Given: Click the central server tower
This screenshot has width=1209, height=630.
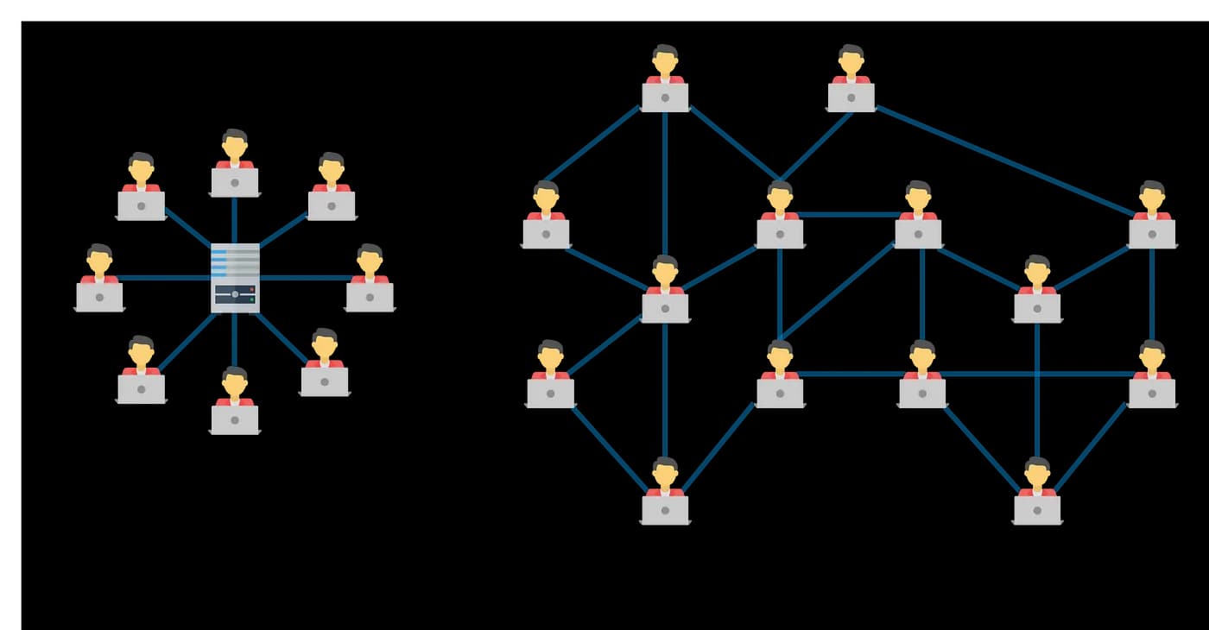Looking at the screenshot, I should (x=235, y=277).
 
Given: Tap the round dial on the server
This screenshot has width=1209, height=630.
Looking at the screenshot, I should (x=235, y=294).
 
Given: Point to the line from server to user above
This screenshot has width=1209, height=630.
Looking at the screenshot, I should (x=235, y=219).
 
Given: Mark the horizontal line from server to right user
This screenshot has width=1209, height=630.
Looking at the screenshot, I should (x=302, y=278).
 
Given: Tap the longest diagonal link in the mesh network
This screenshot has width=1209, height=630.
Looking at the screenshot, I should (x=1002, y=160).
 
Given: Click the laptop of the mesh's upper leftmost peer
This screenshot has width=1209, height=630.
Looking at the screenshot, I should (x=546, y=233).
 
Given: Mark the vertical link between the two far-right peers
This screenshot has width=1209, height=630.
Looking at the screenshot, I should (x=1152, y=293).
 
